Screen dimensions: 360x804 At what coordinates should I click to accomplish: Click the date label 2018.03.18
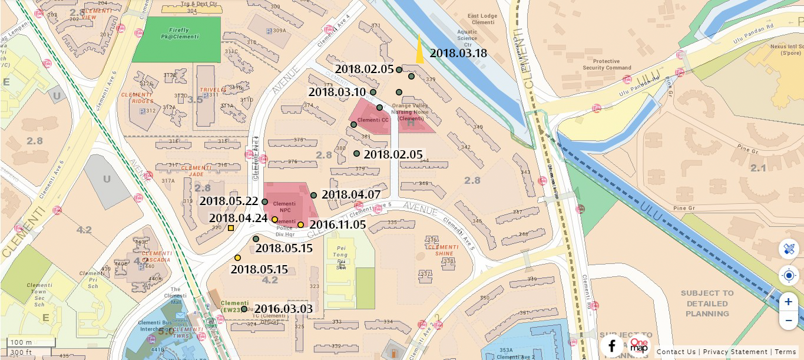click(x=458, y=53)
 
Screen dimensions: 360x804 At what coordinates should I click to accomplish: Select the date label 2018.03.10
click(x=337, y=92)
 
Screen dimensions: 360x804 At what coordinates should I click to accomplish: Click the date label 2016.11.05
click(x=338, y=224)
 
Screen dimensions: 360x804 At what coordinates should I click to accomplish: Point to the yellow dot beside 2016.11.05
click(x=300, y=224)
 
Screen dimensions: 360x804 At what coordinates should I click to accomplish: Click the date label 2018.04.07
click(x=350, y=194)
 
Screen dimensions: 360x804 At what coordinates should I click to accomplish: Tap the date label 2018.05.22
click(x=229, y=201)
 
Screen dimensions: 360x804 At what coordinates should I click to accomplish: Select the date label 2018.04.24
click(x=238, y=219)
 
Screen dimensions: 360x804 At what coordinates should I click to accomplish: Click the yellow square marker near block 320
click(x=231, y=228)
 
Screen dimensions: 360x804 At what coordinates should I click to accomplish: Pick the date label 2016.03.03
click(x=283, y=308)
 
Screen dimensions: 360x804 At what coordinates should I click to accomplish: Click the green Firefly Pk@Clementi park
click(x=176, y=39)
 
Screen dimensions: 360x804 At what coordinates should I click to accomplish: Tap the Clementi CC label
click(x=373, y=120)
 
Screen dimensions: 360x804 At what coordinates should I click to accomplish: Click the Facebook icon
click(x=612, y=346)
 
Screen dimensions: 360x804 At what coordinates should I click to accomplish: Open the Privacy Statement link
click(x=735, y=352)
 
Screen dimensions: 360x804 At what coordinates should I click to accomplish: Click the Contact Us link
click(x=676, y=352)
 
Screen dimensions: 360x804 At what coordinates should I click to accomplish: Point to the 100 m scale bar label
click(x=21, y=342)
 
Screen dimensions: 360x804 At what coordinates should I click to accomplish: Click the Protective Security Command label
click(x=614, y=64)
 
